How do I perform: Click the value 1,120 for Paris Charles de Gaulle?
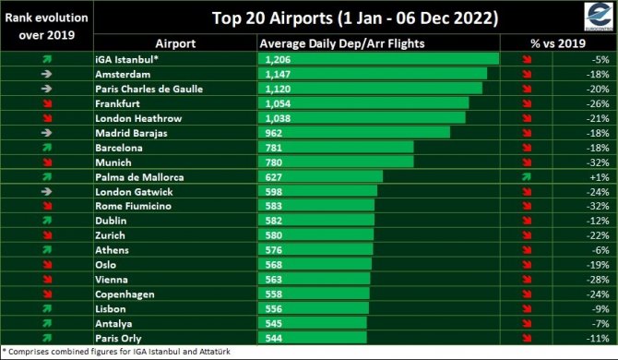276,89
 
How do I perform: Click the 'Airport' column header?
174,43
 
